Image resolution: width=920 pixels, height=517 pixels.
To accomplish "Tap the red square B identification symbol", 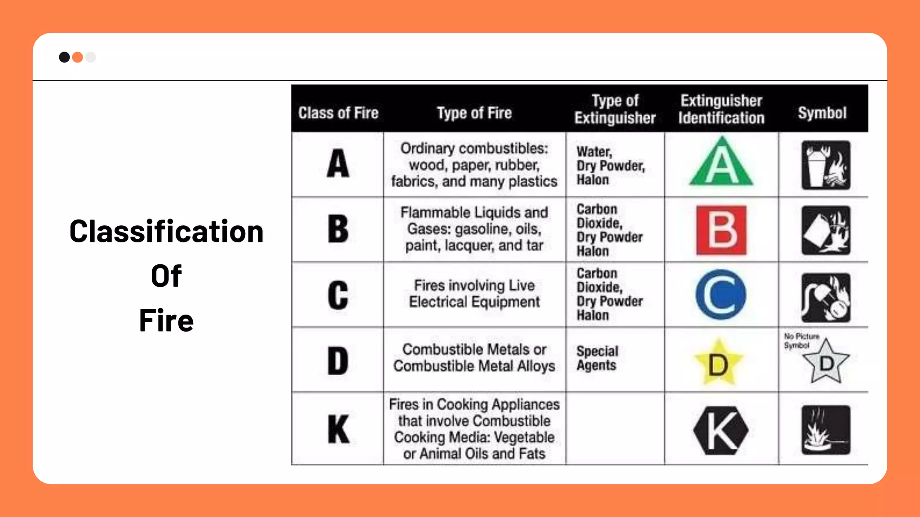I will [x=721, y=230].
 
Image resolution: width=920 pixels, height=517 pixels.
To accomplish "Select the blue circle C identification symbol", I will [x=721, y=294].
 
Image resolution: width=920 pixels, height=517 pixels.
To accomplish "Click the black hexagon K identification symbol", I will [x=721, y=430].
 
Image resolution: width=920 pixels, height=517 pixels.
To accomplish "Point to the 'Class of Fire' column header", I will [x=338, y=113].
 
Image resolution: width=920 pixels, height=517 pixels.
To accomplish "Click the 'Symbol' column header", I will [x=822, y=113].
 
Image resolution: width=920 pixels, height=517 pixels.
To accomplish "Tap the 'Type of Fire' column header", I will [x=474, y=113].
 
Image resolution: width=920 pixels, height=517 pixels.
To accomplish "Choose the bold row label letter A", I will [x=338, y=164].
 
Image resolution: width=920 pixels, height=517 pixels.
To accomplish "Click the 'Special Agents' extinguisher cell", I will [x=597, y=358].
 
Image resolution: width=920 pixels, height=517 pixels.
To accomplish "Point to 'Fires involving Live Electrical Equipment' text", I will [x=474, y=294].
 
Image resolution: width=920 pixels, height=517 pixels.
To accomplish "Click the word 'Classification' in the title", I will [x=166, y=232].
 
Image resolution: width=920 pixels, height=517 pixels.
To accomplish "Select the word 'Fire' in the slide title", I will [x=166, y=320].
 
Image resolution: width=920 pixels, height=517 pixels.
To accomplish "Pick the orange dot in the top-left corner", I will [x=77, y=57].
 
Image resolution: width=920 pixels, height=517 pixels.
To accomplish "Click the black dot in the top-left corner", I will [x=64, y=57].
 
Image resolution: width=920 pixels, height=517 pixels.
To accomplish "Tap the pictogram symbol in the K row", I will [x=826, y=430].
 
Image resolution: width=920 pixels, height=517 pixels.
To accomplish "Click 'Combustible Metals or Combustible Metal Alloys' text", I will [x=474, y=358].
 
